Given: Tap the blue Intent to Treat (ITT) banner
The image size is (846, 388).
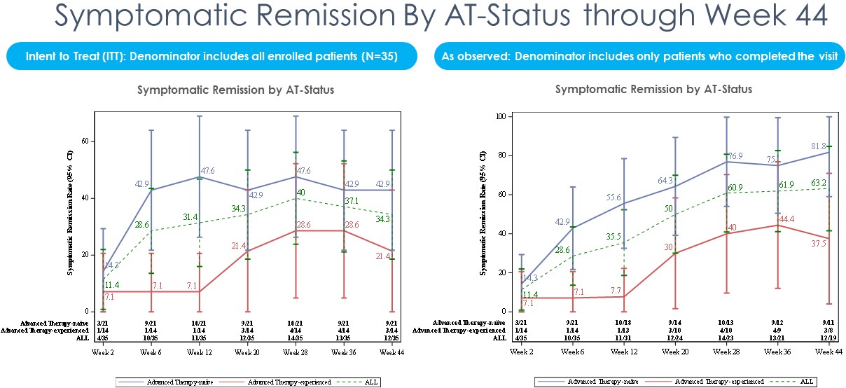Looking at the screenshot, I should click(211, 57).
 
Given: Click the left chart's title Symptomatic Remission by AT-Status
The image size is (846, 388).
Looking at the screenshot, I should click(235, 90).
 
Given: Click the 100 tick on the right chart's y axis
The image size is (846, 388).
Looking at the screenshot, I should click(500, 116).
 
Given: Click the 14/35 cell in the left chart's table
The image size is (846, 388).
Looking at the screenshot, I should click(294, 337).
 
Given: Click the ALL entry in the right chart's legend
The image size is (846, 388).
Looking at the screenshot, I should click(805, 382).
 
